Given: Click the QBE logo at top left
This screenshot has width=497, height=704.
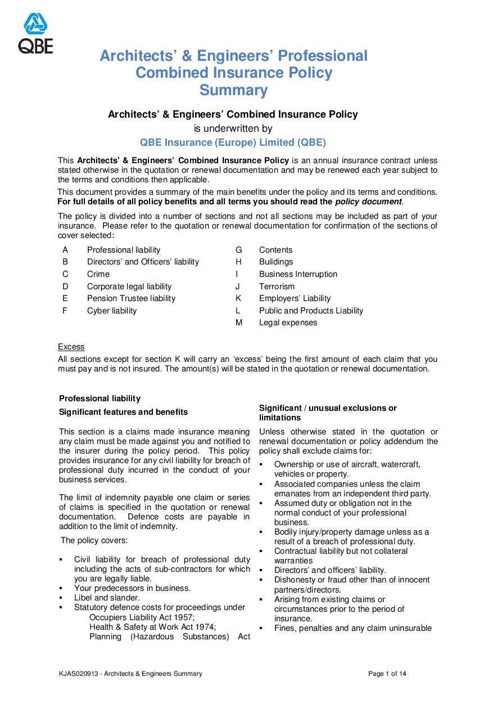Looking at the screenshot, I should coord(35,34).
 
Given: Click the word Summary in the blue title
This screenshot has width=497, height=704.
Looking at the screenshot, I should coord(233,90).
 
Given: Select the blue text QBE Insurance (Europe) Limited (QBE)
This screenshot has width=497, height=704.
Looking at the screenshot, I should coord(233,142).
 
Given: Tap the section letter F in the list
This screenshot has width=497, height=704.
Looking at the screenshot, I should coord(65,311).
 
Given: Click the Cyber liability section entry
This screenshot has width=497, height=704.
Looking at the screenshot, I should coord(111,311).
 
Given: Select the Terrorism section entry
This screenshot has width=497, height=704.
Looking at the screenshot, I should coord(277,286).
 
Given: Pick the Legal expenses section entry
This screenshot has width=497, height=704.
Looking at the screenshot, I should coord(288,322).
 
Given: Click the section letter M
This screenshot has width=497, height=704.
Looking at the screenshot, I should coord(238,322).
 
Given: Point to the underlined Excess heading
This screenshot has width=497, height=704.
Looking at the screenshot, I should coord(71,347).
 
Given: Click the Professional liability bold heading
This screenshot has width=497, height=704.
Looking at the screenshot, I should coord(100,398).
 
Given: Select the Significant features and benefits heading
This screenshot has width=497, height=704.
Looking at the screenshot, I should coord(123,412).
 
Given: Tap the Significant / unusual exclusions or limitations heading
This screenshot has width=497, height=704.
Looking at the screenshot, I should coord(327,412).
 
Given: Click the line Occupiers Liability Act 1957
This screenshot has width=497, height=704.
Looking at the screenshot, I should coord(142,617).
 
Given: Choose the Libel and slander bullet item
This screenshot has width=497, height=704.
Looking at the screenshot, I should coord(107,598).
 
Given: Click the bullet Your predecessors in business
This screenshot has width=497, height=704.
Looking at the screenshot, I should coord(132,588).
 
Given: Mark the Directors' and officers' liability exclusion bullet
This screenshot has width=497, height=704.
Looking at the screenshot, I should coord(330,570).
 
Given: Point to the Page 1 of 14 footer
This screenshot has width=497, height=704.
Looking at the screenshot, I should coord(387,674).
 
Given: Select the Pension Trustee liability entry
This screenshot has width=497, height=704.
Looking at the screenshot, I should coord(131,298).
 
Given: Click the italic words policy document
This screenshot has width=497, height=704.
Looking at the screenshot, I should coord(368,201).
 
